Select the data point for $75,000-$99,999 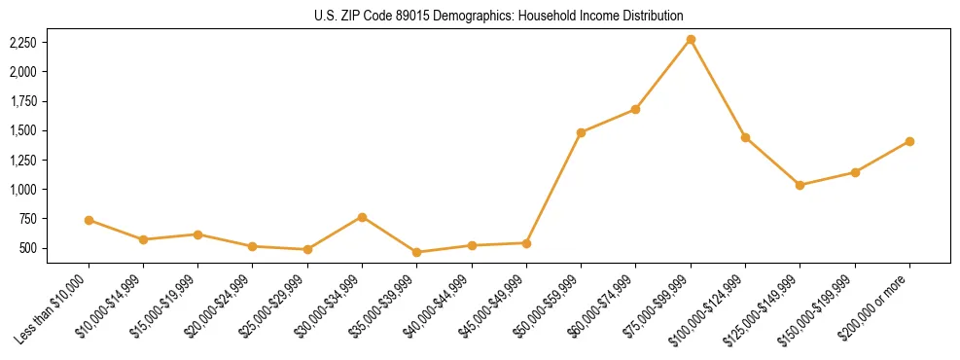(x=691, y=39)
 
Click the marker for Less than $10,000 (x=89, y=220)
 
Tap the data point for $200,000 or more (x=909, y=141)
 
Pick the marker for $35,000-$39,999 (x=417, y=252)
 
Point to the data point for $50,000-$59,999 (x=581, y=132)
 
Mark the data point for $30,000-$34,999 (x=363, y=217)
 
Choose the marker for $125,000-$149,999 (x=800, y=185)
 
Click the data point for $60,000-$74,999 (x=635, y=109)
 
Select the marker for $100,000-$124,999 (x=745, y=137)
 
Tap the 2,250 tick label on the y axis (x=22, y=43)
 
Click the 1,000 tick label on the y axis (x=22, y=190)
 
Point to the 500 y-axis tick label (x=27, y=248)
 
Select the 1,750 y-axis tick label (x=22, y=101)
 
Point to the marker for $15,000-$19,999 (x=198, y=234)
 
